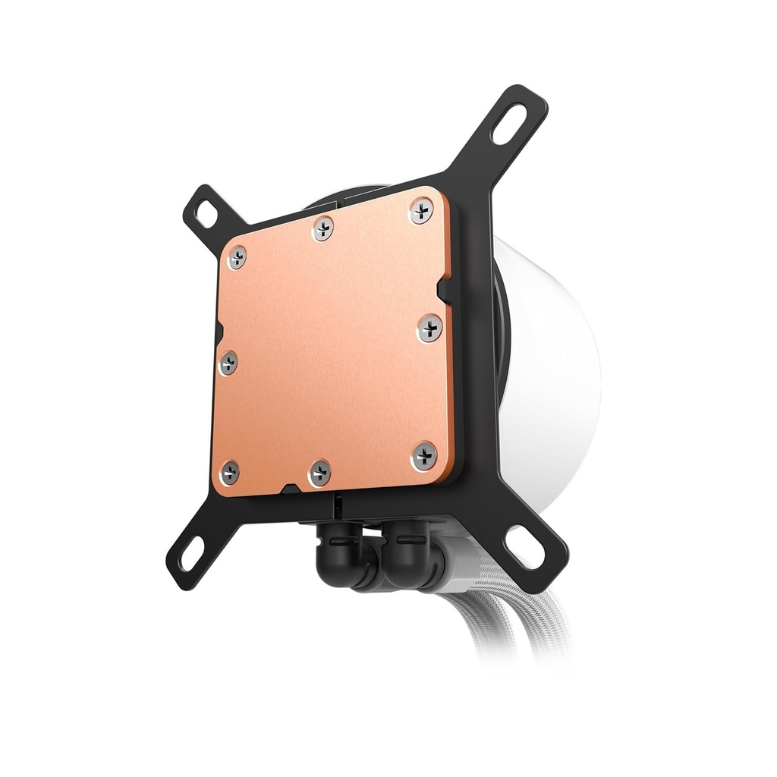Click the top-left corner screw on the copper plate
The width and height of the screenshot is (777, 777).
point(237,256)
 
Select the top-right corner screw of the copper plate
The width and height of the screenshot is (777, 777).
point(421,211)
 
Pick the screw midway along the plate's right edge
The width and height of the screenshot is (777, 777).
point(429,328)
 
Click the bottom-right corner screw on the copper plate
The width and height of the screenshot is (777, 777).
point(424,455)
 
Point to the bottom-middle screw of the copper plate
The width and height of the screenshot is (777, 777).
point(319,472)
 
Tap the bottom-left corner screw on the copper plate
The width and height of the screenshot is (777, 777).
point(228,472)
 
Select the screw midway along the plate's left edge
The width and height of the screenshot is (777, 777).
point(228,363)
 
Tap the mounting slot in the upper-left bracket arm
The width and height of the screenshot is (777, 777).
point(205,215)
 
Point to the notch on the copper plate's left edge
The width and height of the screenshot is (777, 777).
point(219,332)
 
